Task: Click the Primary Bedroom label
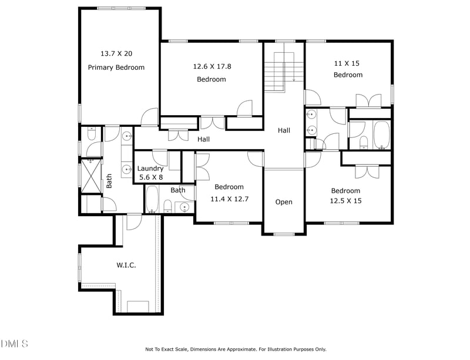116,68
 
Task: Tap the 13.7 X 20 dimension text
116,53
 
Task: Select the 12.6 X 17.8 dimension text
212,66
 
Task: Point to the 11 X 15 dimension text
347,63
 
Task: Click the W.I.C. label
126,265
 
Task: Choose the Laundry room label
150,169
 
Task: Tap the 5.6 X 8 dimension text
151,177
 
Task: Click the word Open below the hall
284,203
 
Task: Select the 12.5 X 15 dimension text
345,201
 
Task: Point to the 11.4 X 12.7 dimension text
229,199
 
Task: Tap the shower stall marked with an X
91,176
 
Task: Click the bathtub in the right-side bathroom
382,135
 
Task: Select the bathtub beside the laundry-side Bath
152,199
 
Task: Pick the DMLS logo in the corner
14,344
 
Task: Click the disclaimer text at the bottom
236,349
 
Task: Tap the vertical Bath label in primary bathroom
109,181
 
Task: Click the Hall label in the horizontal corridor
203,139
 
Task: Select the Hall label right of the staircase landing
284,130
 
